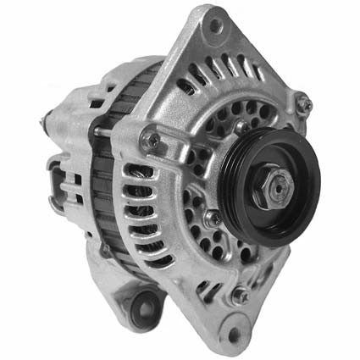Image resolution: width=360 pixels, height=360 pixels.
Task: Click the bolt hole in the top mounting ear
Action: coord(217,26)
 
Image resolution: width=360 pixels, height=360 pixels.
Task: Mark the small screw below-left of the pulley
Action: coord(211,218)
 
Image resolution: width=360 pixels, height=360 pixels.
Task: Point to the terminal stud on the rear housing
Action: coord(44,123)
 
